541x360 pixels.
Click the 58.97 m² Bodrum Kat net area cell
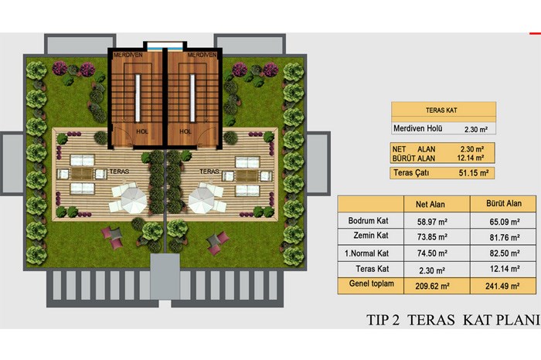click(x=432, y=222)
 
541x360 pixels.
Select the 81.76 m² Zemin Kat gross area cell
click(x=505, y=238)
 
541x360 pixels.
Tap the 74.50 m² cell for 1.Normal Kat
click(x=432, y=253)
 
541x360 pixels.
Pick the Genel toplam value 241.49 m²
click(x=502, y=286)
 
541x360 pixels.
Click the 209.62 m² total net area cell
click(x=432, y=286)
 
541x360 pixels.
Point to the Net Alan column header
click(x=430, y=204)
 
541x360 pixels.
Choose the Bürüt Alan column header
click(x=504, y=203)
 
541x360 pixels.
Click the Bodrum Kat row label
click(x=368, y=221)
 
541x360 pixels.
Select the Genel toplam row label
click(x=371, y=284)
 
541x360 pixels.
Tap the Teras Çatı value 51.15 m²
click(x=473, y=173)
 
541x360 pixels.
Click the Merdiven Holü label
click(x=418, y=128)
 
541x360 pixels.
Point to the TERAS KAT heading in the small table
click(x=441, y=110)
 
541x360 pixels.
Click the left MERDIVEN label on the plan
click(x=128, y=55)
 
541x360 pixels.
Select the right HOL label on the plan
click(x=185, y=131)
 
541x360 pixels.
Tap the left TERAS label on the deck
click(x=119, y=172)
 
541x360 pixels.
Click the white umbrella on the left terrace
click(x=134, y=200)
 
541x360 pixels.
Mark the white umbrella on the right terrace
click(x=201, y=200)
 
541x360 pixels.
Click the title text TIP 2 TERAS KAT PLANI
click(x=453, y=320)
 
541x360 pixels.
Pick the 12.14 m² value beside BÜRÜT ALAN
click(x=470, y=158)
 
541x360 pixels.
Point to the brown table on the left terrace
click(x=82, y=174)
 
